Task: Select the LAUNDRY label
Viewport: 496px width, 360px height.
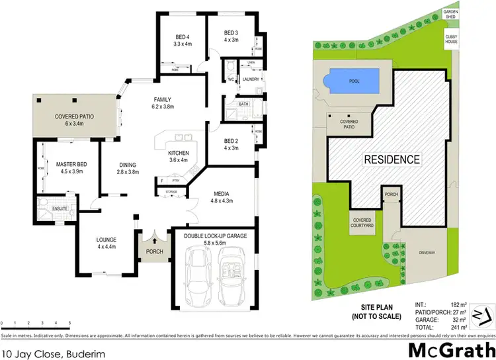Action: pyautogui.click(x=251, y=79)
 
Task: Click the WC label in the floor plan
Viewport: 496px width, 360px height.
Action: pyautogui.click(x=231, y=79)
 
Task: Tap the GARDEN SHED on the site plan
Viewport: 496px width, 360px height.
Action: pyautogui.click(x=450, y=13)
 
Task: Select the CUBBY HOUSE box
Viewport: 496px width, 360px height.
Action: pyautogui.click(x=451, y=39)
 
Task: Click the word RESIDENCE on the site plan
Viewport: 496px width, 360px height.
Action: pyautogui.click(x=392, y=159)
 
